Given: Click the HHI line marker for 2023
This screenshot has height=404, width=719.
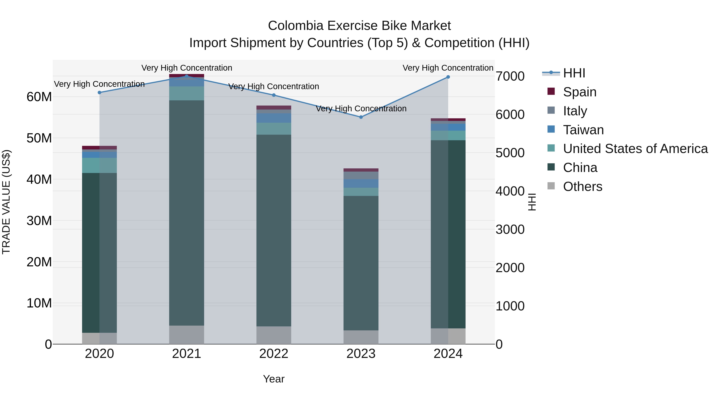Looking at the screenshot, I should (361, 117).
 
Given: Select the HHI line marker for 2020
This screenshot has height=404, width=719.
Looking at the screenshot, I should (99, 93).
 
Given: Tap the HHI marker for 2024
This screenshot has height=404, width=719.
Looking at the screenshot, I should (448, 77).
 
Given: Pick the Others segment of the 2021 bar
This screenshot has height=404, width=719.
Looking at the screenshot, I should (187, 335).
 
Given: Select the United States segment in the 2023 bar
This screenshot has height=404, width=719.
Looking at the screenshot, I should (361, 192).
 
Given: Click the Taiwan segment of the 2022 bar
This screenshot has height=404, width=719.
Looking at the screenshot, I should (274, 118).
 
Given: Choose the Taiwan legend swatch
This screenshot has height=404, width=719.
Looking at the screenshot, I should (551, 129).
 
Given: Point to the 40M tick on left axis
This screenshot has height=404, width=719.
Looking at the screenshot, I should (39, 179).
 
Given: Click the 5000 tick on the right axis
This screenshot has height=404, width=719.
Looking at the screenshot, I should (510, 153).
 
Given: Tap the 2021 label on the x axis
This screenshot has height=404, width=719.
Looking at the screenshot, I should (187, 354).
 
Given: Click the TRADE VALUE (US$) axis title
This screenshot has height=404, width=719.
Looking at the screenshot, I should (6, 202).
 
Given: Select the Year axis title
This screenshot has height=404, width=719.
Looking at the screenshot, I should (274, 379).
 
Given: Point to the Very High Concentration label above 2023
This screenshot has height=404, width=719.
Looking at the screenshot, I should (361, 109).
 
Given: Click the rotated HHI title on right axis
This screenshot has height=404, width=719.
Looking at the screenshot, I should (532, 202).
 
